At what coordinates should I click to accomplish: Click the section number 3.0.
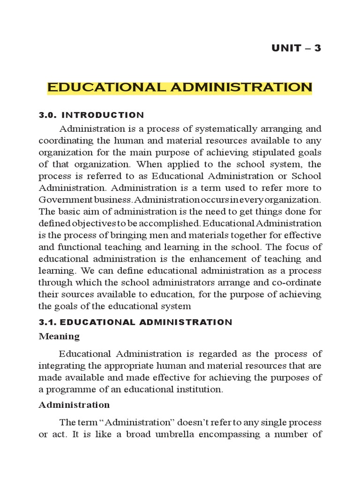coord(48,115)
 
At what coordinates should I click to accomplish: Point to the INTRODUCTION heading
coord(103,115)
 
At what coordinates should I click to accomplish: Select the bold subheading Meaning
coord(59,337)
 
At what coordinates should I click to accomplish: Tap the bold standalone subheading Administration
coord(74,405)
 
